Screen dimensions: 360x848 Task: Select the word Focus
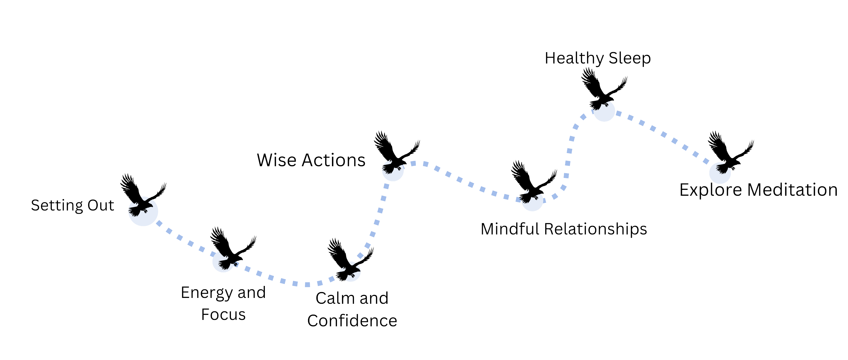click(223, 315)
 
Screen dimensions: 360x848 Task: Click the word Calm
click(334, 298)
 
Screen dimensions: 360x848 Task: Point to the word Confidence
click(352, 321)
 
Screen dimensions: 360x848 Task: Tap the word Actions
click(333, 160)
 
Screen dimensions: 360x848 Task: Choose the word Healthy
click(574, 58)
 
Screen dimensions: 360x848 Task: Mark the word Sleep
click(629, 58)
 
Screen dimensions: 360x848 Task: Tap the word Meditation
click(792, 190)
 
